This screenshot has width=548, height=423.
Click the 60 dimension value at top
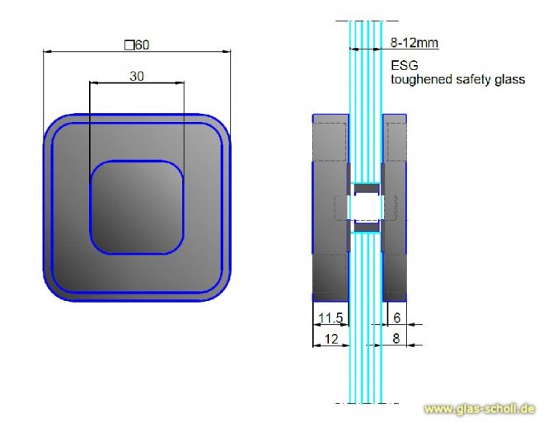[143, 45]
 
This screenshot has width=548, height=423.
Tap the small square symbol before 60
[129, 45]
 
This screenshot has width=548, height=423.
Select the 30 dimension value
[137, 76]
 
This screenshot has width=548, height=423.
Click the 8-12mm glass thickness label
[415, 43]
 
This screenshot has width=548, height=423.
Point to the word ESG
[405, 65]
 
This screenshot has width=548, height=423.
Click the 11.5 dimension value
[330, 317]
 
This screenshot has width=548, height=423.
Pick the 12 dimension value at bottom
[331, 339]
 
